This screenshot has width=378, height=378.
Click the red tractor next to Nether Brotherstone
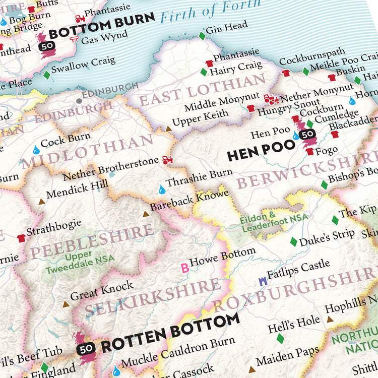pos(167,160)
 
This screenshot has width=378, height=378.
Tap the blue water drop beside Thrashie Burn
pos(161,190)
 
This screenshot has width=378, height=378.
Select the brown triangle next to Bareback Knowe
pos(146,214)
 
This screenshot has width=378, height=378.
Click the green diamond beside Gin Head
pos(202,36)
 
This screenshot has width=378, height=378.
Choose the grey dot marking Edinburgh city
pos(79,100)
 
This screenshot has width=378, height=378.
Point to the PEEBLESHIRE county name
pos(91,242)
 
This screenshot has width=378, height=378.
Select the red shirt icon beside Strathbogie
pos(21,238)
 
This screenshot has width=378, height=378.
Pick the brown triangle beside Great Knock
pos(66,304)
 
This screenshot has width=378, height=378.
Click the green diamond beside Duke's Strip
pos(293,242)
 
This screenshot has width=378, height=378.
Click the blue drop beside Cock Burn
pos(36,150)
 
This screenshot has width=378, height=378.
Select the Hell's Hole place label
pos(293,321)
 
